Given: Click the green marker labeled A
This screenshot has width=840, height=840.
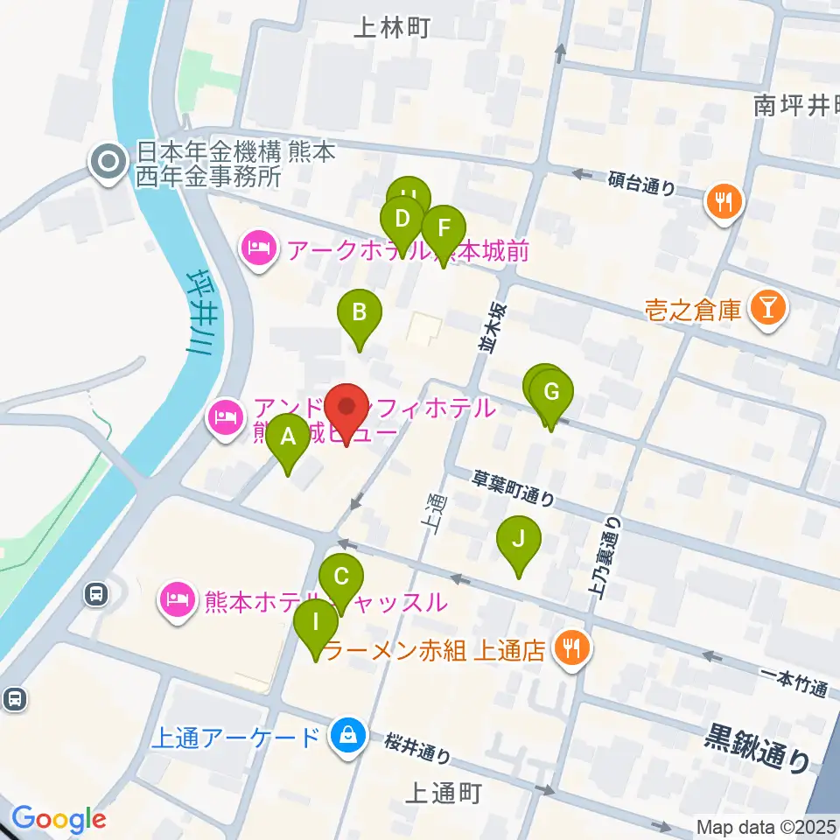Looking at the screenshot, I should click(x=288, y=437).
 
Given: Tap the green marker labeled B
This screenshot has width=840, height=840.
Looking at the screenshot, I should click(x=359, y=313).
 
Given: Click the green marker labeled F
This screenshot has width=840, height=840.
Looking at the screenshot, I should click(x=444, y=229).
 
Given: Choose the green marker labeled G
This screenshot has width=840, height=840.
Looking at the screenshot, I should click(x=551, y=393).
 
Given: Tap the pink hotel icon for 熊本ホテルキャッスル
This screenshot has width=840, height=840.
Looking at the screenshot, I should click(x=178, y=602).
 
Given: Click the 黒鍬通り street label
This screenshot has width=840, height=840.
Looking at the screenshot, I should click(x=758, y=746).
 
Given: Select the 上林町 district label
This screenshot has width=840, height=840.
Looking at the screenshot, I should click(x=392, y=28).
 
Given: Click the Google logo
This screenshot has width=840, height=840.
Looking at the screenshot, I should click(x=59, y=820).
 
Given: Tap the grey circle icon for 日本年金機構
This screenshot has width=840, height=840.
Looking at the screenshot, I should click(x=108, y=164).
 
